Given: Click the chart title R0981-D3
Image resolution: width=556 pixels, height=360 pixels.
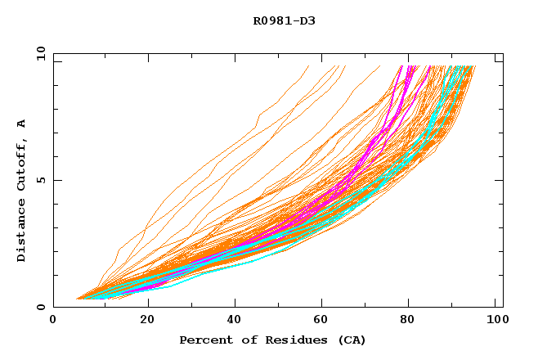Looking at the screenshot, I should (x=284, y=21).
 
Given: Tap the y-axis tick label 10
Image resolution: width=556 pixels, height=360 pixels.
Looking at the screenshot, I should (x=40, y=54).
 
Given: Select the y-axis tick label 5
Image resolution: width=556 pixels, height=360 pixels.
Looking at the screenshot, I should (x=43, y=180).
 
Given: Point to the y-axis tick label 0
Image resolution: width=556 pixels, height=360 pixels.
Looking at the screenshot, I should (x=43, y=307).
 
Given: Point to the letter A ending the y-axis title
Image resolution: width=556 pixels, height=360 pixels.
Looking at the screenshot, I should (x=22, y=124).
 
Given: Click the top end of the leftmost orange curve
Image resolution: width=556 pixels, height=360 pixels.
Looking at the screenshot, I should (x=308, y=66).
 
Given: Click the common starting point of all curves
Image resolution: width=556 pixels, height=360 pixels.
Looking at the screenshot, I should (x=77, y=299).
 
